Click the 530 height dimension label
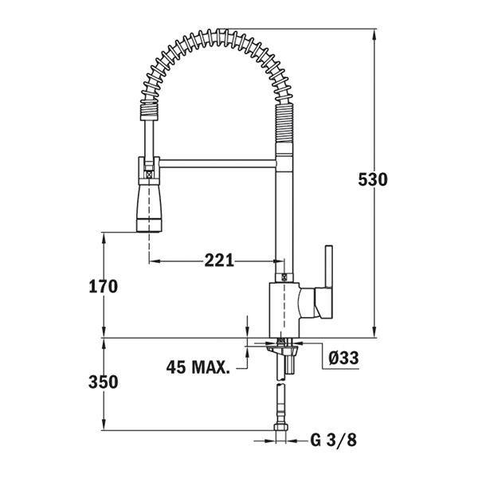(373, 179)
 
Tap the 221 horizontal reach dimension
(219, 261)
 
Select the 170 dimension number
(103, 287)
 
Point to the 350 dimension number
(103, 382)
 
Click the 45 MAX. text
(198, 367)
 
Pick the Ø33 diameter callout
(343, 357)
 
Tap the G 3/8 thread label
(334, 440)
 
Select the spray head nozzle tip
(148, 225)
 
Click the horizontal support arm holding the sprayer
(217, 163)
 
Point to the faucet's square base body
(284, 310)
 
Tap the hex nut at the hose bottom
(280, 427)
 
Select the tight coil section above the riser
(284, 121)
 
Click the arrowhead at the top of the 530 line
(374, 33)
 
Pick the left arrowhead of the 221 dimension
(155, 261)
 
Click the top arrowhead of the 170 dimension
(104, 237)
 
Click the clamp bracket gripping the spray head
(149, 170)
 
